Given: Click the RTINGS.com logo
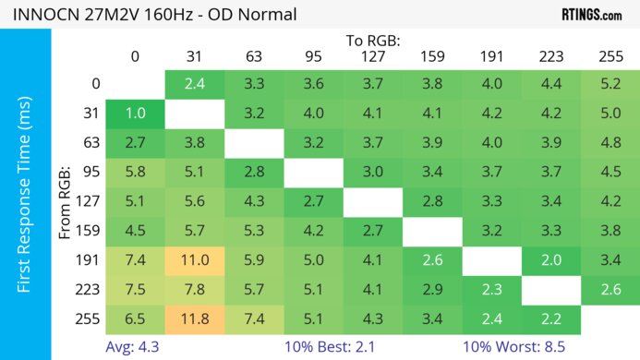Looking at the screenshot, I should [591, 15].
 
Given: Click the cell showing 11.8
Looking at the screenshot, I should [194, 320].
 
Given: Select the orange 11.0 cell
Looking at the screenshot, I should [194, 260].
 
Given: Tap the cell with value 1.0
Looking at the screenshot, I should [135, 114].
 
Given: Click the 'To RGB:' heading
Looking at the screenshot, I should [372, 41].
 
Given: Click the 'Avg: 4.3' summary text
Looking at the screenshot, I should [135, 348].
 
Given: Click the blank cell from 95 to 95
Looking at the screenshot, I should [313, 173].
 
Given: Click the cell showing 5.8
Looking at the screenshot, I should [135, 173].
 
